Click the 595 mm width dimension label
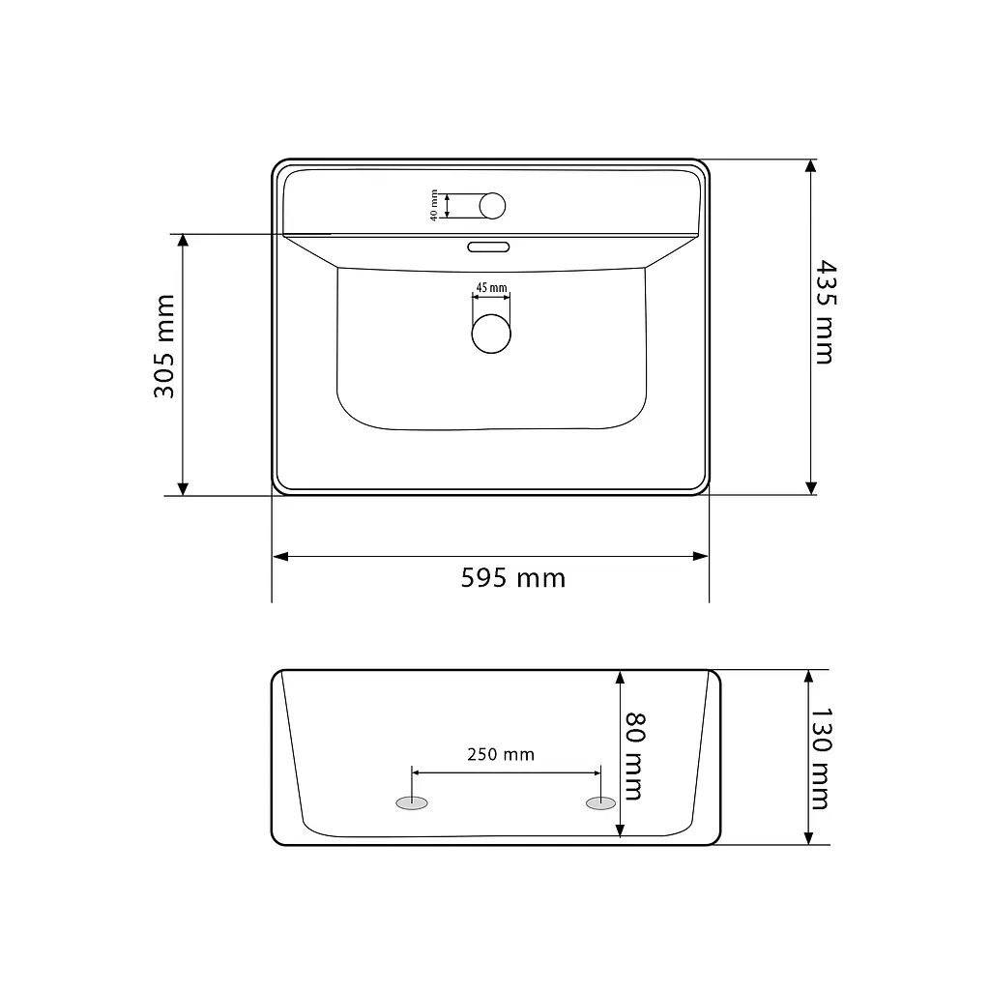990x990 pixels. click(x=512, y=578)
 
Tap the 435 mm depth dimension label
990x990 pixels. click(x=825, y=312)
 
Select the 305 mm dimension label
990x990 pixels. click(x=164, y=346)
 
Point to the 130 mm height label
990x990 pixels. click(x=821, y=759)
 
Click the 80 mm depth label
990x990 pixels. click(x=634, y=756)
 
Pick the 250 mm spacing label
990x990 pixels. click(x=501, y=754)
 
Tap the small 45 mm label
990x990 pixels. click(x=491, y=288)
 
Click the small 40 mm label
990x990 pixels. click(x=434, y=205)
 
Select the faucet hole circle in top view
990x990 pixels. click(x=492, y=206)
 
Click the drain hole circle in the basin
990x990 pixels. click(x=490, y=334)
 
